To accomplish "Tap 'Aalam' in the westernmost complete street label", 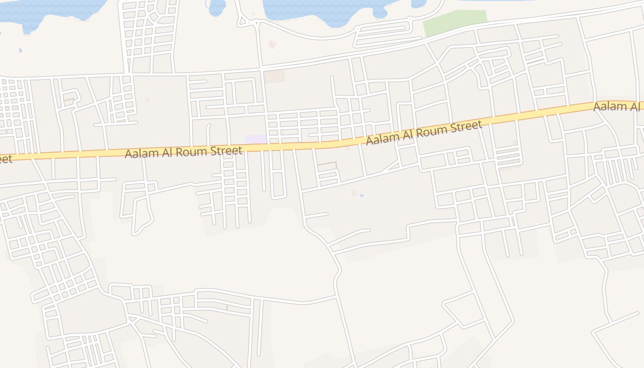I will pos(142,154).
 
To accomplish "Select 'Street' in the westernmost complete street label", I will pos(227,150).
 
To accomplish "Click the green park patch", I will pos(454,22).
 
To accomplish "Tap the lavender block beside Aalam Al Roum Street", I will pos(255,139).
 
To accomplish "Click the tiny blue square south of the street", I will pos(362,195).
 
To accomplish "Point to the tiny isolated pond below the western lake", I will pos(20,51).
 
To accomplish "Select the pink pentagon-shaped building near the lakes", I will pos(272,45).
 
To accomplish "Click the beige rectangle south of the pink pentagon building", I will pos(275,76).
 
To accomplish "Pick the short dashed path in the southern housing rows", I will pos(227,307).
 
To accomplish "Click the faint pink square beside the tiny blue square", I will pos(354,194).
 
